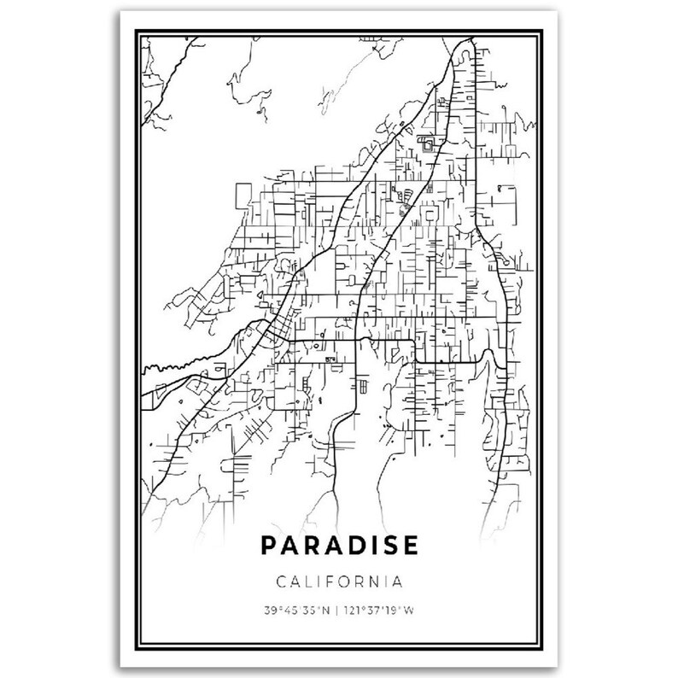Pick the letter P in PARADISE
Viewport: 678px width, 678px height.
266,544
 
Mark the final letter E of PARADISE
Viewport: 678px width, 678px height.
410,544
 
